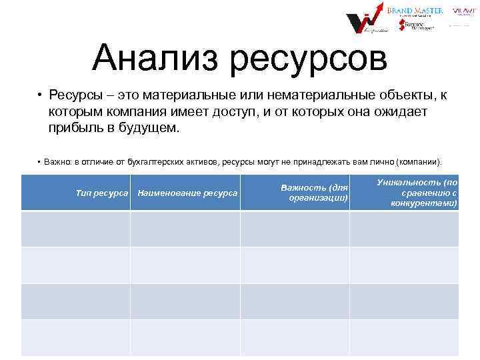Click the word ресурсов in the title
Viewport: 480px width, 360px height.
click(x=308, y=59)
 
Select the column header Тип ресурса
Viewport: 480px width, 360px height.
click(x=103, y=193)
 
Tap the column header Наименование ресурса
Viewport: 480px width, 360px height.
click(x=187, y=193)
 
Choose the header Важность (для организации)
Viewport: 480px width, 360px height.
click(x=315, y=193)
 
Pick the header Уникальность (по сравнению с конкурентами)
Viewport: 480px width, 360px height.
click(x=417, y=192)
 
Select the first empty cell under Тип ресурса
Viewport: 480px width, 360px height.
click(x=75, y=229)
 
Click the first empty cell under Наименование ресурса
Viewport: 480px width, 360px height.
click(x=185, y=229)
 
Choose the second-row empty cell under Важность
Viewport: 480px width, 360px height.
click(x=294, y=265)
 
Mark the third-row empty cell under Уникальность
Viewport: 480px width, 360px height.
click(x=404, y=301)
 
